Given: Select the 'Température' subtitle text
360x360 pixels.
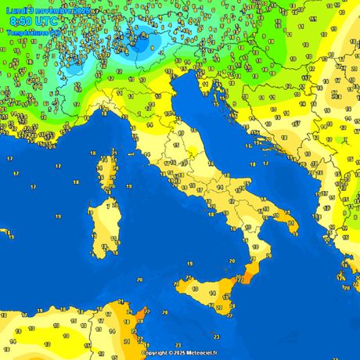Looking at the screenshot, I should [x=33, y=33].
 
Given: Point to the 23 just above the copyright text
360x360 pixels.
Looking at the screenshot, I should [x=178, y=344].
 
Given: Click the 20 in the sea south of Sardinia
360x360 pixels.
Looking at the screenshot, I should [x=139, y=279].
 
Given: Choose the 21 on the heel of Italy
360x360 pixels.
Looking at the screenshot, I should [x=293, y=223].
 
